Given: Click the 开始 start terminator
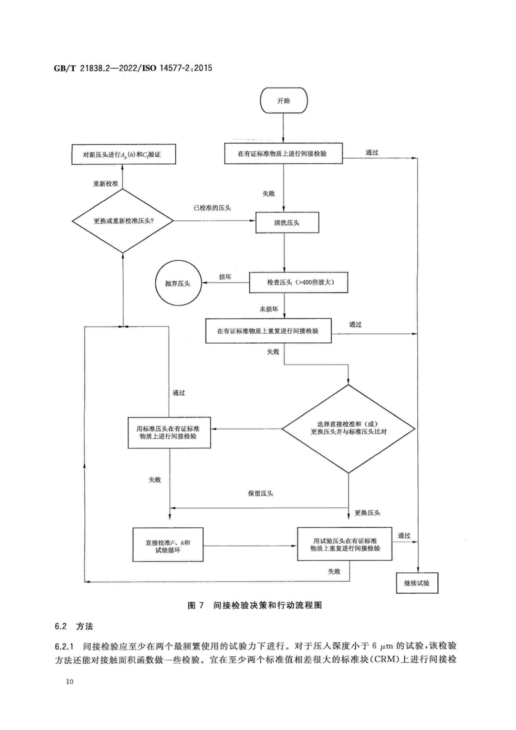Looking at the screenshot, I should coord(283,100).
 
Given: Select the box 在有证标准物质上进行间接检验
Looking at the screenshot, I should coord(283,154).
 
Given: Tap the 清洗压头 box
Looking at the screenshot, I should coord(287,223).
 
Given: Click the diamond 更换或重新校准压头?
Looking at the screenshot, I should coord(123,221).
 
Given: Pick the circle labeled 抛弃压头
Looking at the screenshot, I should coord(178,283).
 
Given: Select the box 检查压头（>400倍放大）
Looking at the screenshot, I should coord(298,282).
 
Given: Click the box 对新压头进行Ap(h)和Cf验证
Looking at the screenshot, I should coord(123,154).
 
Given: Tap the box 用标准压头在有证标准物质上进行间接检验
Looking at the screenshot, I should coord(169,432).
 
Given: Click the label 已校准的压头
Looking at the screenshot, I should coord(212,208).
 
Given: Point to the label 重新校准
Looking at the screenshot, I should coord(105,184).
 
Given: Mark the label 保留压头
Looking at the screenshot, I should coord(260,493).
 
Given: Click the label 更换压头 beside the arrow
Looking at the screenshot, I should coord(367,512).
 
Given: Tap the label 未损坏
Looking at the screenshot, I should coord(269,309).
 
